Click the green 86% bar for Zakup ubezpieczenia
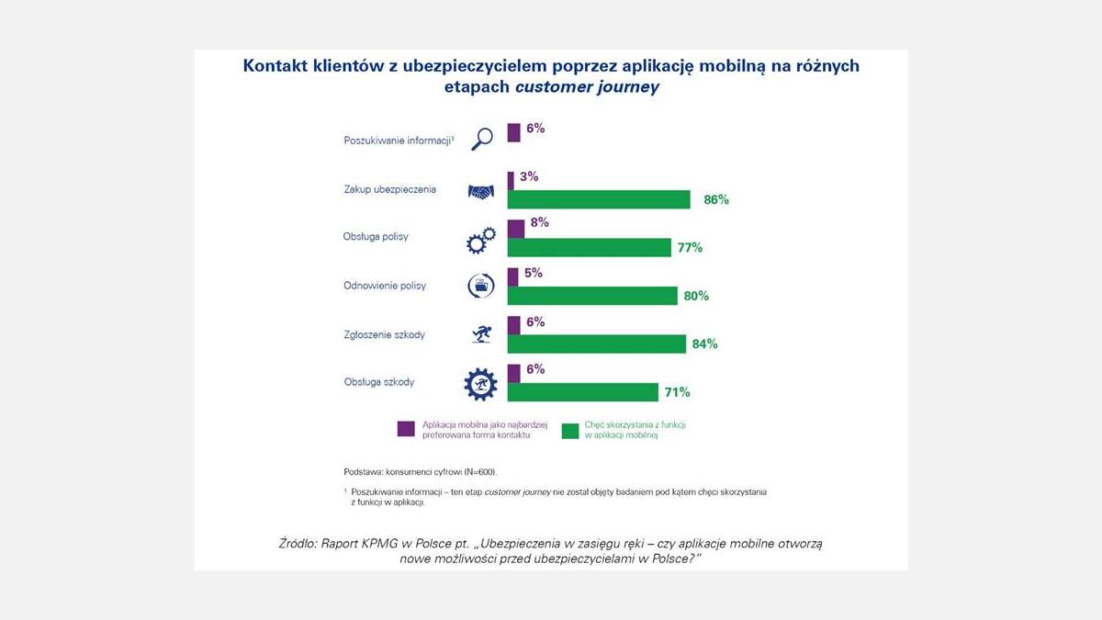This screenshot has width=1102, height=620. (x=598, y=199)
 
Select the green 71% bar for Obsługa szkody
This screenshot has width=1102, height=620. (x=582, y=392)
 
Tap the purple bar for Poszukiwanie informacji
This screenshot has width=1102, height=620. (x=513, y=131)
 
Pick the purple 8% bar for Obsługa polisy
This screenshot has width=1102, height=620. (x=515, y=228)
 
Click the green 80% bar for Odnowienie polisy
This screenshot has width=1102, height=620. (x=592, y=296)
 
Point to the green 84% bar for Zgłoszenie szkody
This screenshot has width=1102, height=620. (x=596, y=344)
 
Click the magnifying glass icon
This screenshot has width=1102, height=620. (x=482, y=139)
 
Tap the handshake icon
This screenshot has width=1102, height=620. (x=481, y=191)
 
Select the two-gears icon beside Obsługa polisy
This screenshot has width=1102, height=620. (x=481, y=240)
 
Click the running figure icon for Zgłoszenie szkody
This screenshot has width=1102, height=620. (x=481, y=334)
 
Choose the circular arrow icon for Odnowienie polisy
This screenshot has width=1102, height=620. (x=481, y=286)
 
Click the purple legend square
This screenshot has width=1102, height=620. (x=406, y=429)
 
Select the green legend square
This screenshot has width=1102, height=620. (x=570, y=429)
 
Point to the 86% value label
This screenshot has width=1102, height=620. (x=716, y=199)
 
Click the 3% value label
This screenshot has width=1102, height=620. (x=528, y=176)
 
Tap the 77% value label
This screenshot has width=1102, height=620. (x=690, y=247)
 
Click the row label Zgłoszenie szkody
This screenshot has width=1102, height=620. (x=384, y=335)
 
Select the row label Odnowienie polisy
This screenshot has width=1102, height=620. (x=384, y=286)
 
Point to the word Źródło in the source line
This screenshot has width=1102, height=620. (x=297, y=543)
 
